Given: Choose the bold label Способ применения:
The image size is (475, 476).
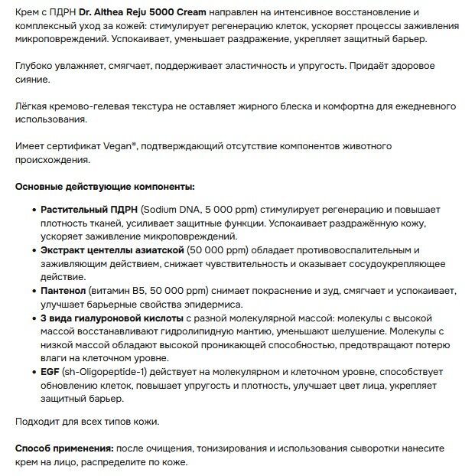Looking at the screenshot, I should tap(62, 448).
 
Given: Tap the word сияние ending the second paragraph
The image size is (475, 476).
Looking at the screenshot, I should tap(34, 80).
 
